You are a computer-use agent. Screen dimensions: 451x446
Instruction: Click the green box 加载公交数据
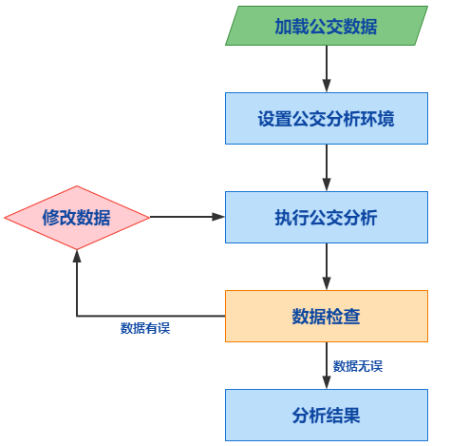coord(327,26)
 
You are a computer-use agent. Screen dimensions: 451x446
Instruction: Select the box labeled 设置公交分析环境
coord(327,118)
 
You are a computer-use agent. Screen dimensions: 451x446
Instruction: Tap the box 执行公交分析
coord(327,217)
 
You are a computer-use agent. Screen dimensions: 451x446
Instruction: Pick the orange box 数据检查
coord(327,316)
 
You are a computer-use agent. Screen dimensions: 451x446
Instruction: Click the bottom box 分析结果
coord(327,415)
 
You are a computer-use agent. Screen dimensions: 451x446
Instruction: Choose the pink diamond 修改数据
coord(77,218)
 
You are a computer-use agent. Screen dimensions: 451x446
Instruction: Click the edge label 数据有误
coord(145,328)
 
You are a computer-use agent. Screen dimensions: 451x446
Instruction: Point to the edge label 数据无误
coord(358,366)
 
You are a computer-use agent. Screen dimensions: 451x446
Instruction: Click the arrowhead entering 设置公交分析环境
coord(327,86)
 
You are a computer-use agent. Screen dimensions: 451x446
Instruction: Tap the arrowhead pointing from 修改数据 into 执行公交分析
coord(218,217)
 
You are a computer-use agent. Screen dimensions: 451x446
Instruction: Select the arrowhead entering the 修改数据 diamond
coord(77,256)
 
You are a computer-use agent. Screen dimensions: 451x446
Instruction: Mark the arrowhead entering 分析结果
coord(327,382)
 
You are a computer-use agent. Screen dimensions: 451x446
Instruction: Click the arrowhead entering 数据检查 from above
coord(327,283)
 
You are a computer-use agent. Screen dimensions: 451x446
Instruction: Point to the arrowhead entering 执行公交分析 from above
coord(327,184)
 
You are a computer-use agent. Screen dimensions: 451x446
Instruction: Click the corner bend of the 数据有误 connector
coord(77,316)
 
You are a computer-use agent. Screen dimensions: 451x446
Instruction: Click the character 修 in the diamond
coord(51,218)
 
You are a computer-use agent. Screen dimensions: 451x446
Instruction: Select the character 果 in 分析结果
coord(352,416)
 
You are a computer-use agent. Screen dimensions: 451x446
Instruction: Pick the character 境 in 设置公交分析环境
coord(386,119)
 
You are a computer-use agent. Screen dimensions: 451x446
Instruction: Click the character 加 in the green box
coord(283,26)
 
